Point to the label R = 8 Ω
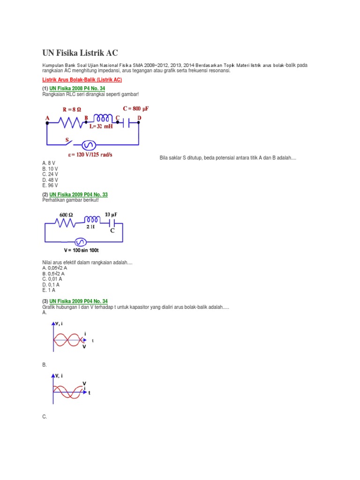75,110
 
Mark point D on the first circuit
139,118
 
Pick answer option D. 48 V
50,180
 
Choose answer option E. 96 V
50,185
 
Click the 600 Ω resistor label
66,215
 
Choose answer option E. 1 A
49,290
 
